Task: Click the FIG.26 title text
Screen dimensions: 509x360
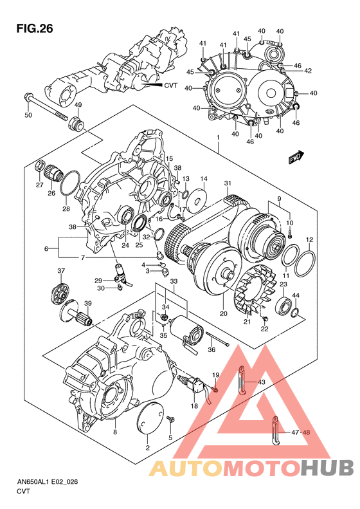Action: coord(33,29)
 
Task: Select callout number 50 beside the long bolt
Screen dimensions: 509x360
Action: coord(28,115)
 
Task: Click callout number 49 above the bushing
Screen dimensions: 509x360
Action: coord(78,106)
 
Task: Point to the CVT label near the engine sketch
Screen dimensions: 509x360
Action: coord(170,85)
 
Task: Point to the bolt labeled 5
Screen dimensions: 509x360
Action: coord(170,420)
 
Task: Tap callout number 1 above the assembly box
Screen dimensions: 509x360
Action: coord(218,138)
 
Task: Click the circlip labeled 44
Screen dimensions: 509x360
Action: coord(296,313)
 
